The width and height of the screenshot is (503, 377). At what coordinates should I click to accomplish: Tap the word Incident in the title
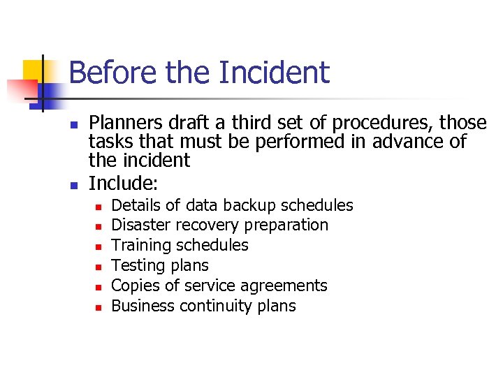[x=274, y=73]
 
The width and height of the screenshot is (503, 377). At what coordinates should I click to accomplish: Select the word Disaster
[x=141, y=226]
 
